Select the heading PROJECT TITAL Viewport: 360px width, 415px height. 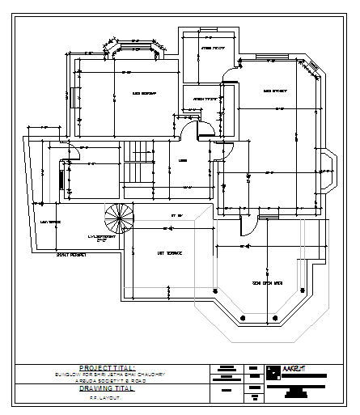coord(108,367)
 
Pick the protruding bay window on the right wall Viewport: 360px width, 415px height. coord(328,171)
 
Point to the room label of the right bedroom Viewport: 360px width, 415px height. coord(275,91)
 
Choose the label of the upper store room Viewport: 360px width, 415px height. coord(212,48)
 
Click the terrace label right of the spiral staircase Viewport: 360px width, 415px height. coord(169,253)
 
